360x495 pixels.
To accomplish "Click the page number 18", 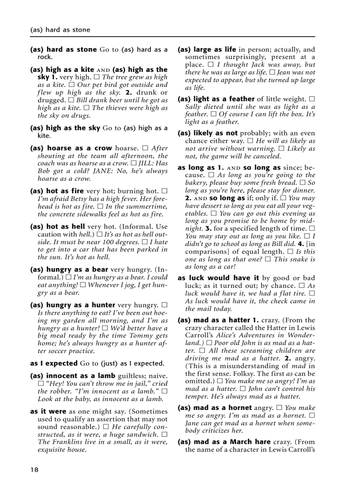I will point(34,470).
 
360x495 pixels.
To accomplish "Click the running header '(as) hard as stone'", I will point(60,30).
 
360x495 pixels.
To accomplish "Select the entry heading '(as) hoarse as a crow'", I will point(71,148).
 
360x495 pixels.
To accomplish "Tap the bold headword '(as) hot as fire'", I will point(57,191).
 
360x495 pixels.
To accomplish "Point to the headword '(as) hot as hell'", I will point(57,227).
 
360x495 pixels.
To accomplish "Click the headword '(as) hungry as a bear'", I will point(66,269).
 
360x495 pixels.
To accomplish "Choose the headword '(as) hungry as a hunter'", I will point(73,305).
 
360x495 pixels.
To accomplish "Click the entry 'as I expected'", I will point(54,364).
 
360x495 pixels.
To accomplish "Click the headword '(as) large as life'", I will point(207,49).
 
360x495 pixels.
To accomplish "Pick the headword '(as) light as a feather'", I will point(216,99).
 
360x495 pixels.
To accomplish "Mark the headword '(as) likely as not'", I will point(207,133).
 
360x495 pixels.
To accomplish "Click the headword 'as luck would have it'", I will point(218,278).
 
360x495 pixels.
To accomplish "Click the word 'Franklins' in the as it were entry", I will point(67,442).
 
